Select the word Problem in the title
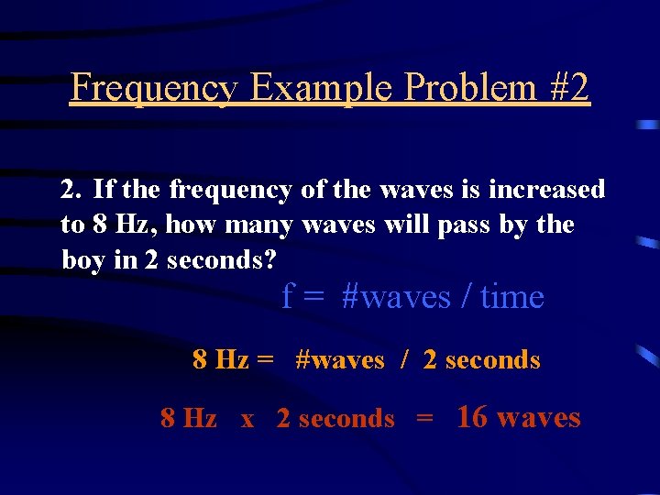[459, 89]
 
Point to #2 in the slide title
[568, 89]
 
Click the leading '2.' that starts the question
[71, 190]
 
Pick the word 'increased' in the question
[547, 190]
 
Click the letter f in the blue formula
[288, 297]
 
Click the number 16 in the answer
[472, 417]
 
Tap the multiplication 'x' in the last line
[247, 419]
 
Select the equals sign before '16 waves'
[424, 419]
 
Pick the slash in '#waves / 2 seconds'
[403, 360]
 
